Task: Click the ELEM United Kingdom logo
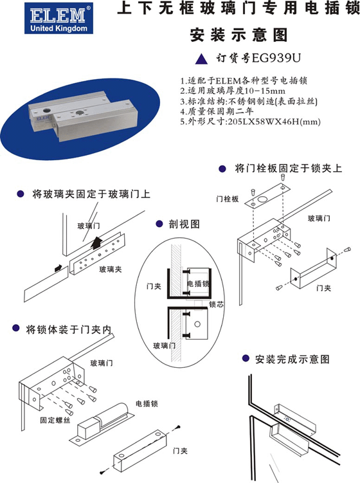click(x=59, y=18)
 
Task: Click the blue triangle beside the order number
click(x=201, y=59)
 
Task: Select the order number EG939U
click(x=276, y=58)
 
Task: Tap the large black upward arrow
click(x=97, y=242)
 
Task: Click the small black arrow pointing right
click(x=59, y=268)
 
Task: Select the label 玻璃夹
click(x=110, y=269)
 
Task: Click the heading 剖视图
click(x=184, y=224)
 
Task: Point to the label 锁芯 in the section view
click(x=216, y=304)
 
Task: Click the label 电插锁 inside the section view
click(x=199, y=284)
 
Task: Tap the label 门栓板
click(x=228, y=199)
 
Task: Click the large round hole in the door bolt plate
click(x=263, y=199)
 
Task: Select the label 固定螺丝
click(x=55, y=420)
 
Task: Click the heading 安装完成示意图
click(x=292, y=359)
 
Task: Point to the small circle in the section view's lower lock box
click(x=197, y=324)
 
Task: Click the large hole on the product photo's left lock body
click(x=46, y=110)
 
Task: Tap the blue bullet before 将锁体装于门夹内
click(x=16, y=329)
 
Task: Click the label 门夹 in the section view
click(x=154, y=286)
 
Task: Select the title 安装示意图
click(x=239, y=35)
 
